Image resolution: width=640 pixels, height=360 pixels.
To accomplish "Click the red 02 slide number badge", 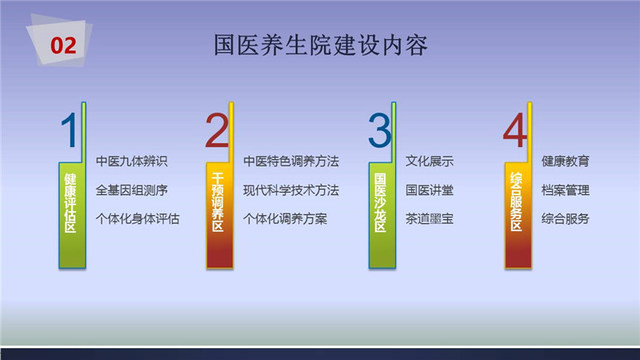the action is tap(63, 46).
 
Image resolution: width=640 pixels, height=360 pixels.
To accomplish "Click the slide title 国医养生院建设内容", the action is tap(321, 45).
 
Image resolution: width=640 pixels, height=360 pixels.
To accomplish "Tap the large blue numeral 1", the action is tap(70, 130).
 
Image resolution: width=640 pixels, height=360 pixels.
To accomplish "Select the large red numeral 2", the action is tap(217, 130).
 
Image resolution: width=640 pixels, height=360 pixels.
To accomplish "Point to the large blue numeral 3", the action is tap(379, 130).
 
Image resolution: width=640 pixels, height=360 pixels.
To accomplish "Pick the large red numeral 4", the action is tap(514, 130).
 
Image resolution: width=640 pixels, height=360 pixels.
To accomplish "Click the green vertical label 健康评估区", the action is tap(70, 202).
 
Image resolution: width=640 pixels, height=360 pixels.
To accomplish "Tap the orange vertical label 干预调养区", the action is tap(218, 202).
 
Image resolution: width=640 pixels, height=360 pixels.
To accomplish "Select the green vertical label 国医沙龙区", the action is tap(380, 202).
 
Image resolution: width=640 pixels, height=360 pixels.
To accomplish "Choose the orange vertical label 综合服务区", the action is tap(516, 202).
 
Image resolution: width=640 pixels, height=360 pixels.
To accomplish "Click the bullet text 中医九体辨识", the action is tap(132, 162).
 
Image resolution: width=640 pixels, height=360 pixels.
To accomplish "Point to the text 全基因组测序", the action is tap(132, 190).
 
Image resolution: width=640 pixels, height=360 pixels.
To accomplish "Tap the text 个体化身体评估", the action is tap(138, 218).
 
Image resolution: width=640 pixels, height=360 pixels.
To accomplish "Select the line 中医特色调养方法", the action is tap(291, 162).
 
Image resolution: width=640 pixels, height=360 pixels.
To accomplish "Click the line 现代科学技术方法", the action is tap(291, 190).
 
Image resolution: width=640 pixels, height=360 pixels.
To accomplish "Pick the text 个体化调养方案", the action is tap(285, 218).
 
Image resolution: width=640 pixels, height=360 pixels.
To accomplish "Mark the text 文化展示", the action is tap(430, 162).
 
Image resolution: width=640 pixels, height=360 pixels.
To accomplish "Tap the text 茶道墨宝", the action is tap(430, 218).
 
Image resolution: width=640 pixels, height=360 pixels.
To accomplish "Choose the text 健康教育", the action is tap(566, 162).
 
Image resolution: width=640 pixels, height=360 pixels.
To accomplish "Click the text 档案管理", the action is tap(566, 190).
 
